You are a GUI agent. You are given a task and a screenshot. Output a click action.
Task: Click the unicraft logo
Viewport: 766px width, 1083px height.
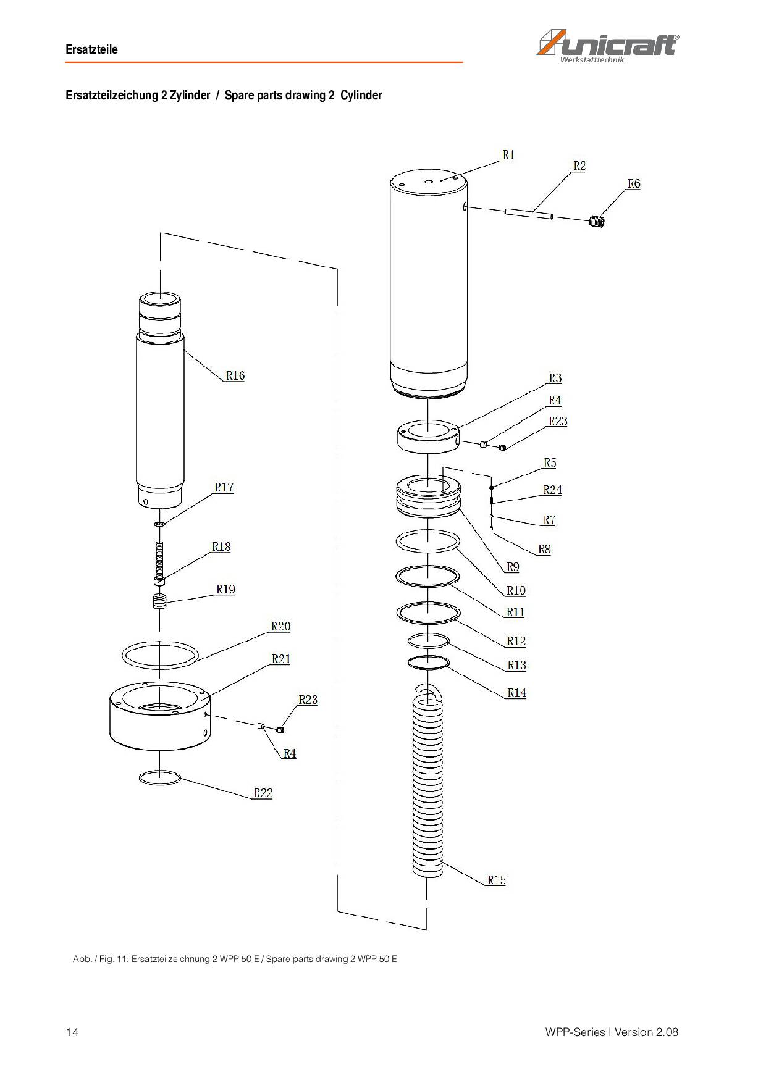(608, 47)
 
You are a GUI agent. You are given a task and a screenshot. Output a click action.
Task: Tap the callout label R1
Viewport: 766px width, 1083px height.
(508, 155)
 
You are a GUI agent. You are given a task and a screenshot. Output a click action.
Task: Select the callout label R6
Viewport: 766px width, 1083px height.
(634, 184)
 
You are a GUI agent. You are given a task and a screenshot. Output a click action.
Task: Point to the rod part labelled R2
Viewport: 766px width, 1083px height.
(529, 214)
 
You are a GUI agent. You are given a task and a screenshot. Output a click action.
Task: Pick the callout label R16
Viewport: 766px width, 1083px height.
(235, 375)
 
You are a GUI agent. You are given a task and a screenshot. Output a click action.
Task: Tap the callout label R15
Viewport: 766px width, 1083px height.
(497, 880)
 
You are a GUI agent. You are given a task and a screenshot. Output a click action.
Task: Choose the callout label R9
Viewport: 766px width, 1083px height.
(513, 567)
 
